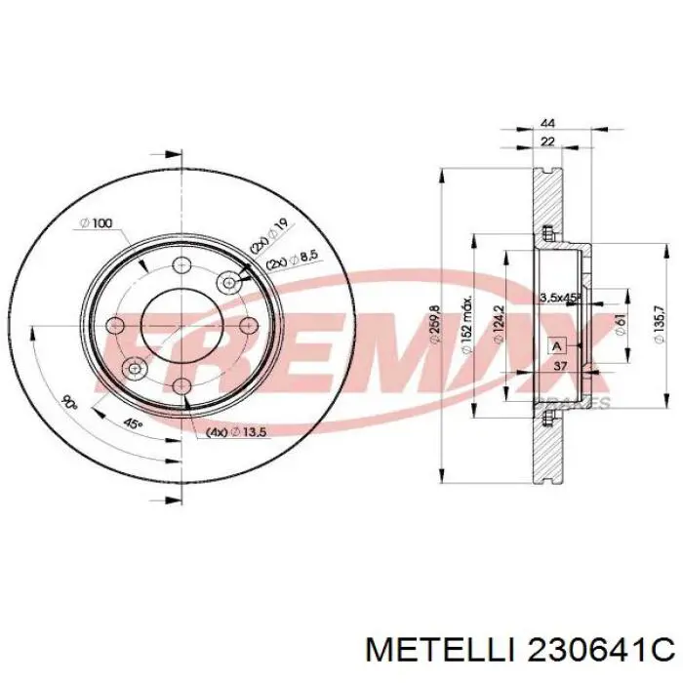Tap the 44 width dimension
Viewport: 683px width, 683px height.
click(548, 125)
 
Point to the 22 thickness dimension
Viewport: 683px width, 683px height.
click(548, 142)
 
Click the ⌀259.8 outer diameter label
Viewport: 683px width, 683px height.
click(432, 329)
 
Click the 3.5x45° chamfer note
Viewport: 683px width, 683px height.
click(560, 296)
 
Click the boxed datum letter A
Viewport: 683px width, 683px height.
click(556, 346)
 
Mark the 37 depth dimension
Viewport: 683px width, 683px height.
click(560, 366)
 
